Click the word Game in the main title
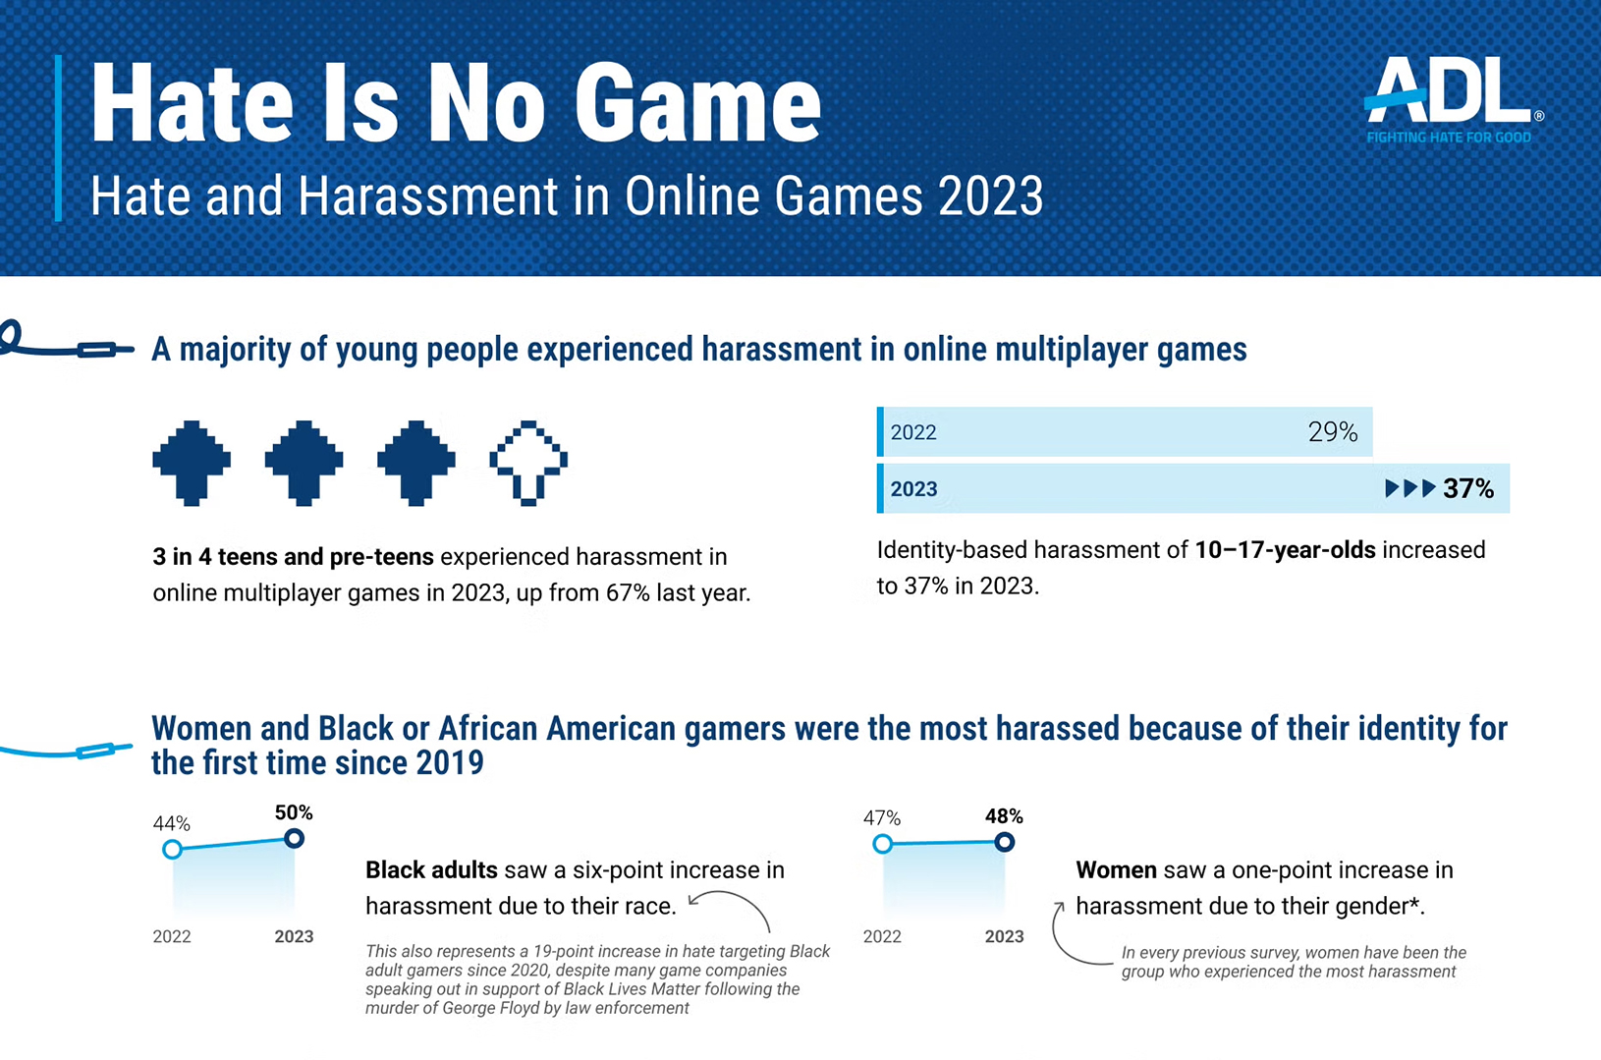pyautogui.click(x=696, y=104)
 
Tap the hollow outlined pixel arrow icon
pyautogui.click(x=528, y=463)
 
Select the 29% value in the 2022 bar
pyautogui.click(x=1332, y=432)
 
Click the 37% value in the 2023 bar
pyautogui.click(x=1468, y=489)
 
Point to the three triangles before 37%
pyautogui.click(x=1410, y=488)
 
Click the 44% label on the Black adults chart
pyautogui.click(x=171, y=823)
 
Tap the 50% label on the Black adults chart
pyautogui.click(x=294, y=812)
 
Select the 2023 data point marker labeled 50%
pyautogui.click(x=294, y=838)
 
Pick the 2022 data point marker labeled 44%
pyautogui.click(x=172, y=849)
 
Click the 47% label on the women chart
pyautogui.click(x=881, y=817)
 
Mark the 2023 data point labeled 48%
pyautogui.click(x=1004, y=842)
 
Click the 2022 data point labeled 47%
pyautogui.click(x=882, y=843)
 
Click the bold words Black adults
pyautogui.click(x=431, y=870)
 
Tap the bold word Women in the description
pyautogui.click(x=1116, y=870)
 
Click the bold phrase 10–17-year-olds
pyautogui.click(x=1285, y=550)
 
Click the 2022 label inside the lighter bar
pyautogui.click(x=913, y=432)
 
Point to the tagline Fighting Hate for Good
pyautogui.click(x=1449, y=138)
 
